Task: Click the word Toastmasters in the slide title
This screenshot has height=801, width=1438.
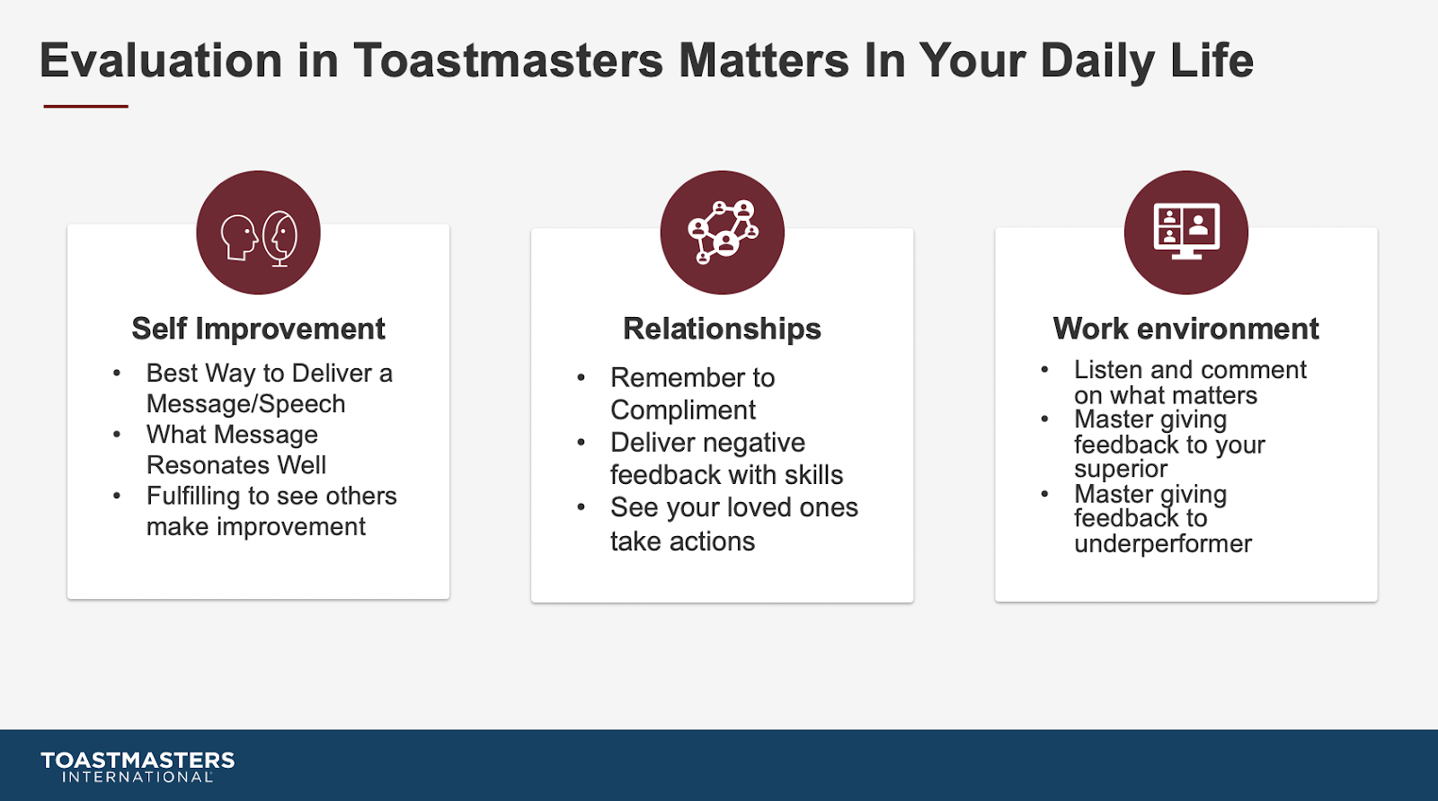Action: pos(508,60)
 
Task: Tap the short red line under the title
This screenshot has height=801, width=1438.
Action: pos(86,106)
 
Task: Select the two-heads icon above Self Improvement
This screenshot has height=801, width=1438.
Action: pos(259,238)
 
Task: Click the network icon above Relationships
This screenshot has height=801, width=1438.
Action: pos(723,232)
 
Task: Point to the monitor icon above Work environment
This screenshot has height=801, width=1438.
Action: pos(1187,231)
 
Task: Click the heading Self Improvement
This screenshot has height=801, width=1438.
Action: pos(258,329)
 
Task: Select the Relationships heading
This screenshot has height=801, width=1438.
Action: pos(723,329)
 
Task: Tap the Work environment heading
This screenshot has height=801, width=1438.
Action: pos(1185,329)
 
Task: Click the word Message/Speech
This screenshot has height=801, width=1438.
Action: pos(246,404)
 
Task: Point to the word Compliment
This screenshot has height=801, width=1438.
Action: pos(683,410)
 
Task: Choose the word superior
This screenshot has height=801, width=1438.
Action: pos(1120,470)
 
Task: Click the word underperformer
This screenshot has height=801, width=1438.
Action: pos(1163,544)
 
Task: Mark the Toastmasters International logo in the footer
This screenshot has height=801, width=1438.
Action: pos(138,767)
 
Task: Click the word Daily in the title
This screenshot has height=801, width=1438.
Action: pos(1097,62)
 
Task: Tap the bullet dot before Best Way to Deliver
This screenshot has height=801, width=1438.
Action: pos(117,374)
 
